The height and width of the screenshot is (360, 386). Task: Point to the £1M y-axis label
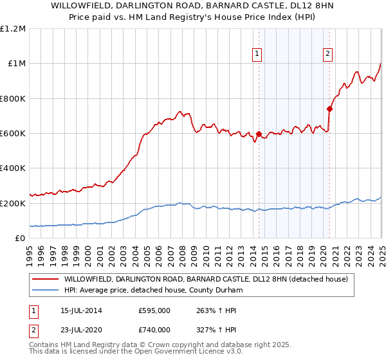tap(16, 64)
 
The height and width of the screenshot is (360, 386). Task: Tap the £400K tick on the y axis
tap(13, 168)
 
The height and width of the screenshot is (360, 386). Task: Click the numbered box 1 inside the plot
tap(257, 54)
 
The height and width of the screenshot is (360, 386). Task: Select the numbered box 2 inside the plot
tap(327, 54)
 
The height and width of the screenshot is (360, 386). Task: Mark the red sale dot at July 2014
tap(259, 134)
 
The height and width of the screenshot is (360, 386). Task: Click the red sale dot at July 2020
tap(329, 109)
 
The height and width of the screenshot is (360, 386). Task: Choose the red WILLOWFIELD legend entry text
tap(205, 279)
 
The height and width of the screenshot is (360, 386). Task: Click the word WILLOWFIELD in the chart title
tap(96, 6)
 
